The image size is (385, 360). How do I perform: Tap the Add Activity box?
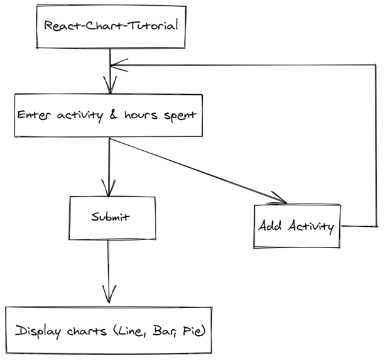[297, 226]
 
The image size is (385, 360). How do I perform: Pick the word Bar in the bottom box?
[166, 331]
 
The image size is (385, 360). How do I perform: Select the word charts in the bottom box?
[85, 331]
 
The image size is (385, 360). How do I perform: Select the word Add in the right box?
[269, 226]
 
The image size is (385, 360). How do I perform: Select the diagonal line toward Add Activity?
[195, 170]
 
